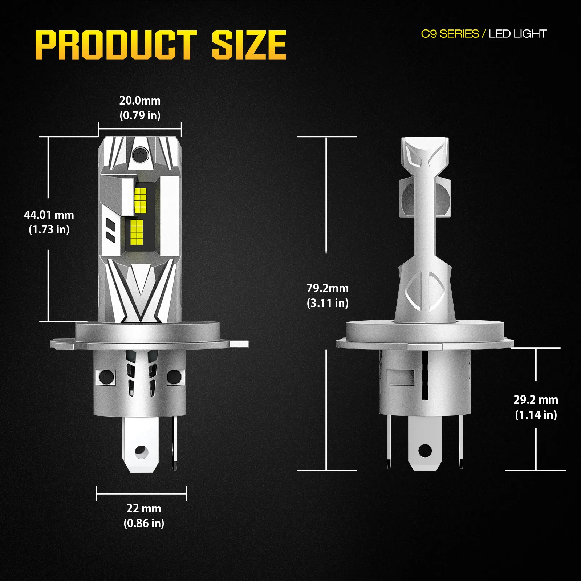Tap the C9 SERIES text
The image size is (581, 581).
(x=450, y=34)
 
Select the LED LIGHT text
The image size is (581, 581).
(x=517, y=34)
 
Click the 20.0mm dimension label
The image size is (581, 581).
(x=140, y=101)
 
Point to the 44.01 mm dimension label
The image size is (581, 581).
(x=49, y=215)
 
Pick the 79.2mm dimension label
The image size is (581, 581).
(x=328, y=288)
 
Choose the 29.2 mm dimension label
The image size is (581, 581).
(x=536, y=400)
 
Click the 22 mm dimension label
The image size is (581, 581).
(x=144, y=508)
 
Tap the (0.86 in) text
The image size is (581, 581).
(x=144, y=523)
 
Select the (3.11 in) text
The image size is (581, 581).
(x=328, y=303)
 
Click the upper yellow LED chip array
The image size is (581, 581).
(x=140, y=200)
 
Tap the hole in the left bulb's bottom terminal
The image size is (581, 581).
(x=141, y=452)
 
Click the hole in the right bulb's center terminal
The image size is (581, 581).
(x=425, y=451)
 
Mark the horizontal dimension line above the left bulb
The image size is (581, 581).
(x=140, y=129)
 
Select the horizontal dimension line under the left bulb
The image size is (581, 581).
(x=141, y=493)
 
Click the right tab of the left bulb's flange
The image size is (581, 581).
(x=239, y=343)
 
